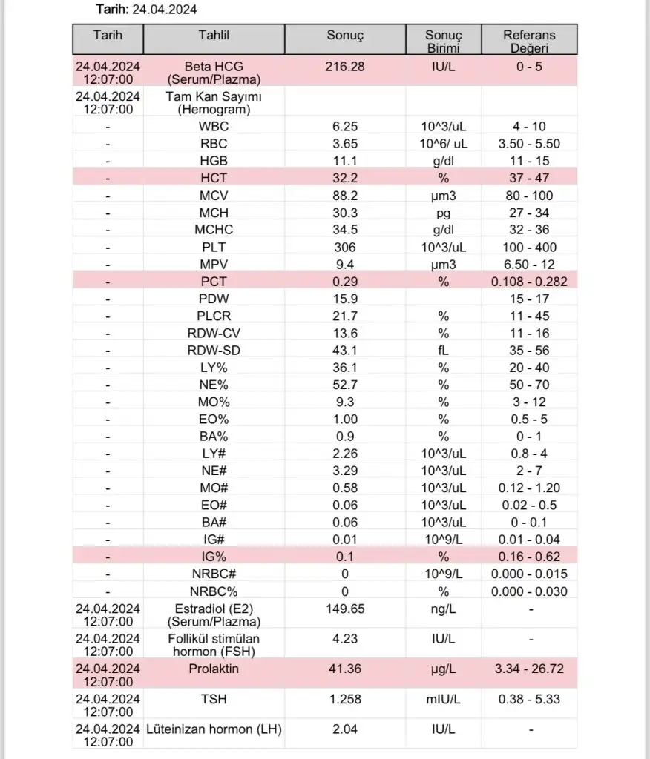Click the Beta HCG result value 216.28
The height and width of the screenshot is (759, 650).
[345, 67]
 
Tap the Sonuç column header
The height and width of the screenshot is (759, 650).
[345, 36]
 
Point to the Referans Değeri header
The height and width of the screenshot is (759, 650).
[529, 42]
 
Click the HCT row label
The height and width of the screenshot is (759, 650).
[213, 178]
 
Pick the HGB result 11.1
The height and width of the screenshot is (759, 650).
[345, 161]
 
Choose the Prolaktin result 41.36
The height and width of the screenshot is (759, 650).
[345, 669]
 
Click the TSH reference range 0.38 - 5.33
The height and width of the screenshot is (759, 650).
[529, 699]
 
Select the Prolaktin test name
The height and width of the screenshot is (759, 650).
[213, 669]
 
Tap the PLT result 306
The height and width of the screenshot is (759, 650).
[345, 247]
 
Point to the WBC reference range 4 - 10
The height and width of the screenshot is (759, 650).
[529, 126]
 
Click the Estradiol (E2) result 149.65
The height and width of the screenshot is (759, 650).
[345, 609]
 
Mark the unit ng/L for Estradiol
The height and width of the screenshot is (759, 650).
[443, 609]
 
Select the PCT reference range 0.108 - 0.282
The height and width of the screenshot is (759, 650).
[529, 281]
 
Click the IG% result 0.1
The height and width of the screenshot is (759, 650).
[345, 557]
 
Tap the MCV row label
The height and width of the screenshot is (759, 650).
[213, 196]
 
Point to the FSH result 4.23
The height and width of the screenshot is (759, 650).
[345, 639]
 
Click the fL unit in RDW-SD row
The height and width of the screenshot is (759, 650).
[443, 350]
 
